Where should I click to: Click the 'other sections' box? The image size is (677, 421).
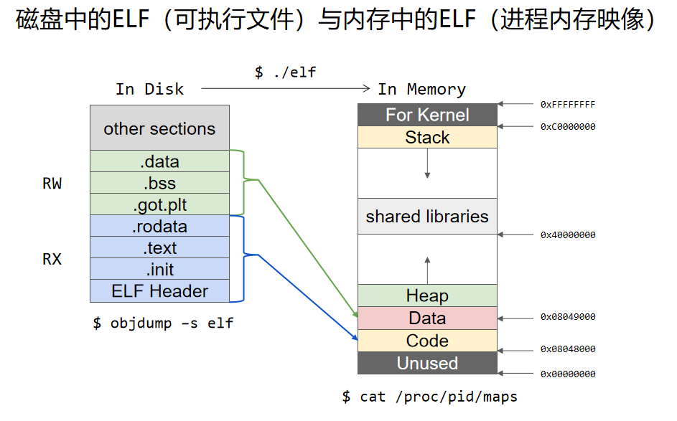(x=159, y=128)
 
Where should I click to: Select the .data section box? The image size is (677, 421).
(x=159, y=161)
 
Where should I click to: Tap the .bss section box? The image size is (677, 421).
(x=159, y=183)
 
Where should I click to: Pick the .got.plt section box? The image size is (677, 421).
(x=159, y=204)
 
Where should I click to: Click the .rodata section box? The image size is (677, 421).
(x=159, y=227)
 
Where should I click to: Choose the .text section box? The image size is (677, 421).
(x=159, y=248)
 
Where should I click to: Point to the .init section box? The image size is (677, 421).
(x=159, y=270)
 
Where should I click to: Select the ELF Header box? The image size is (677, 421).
(x=159, y=291)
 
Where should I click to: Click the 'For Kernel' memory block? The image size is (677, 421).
(x=427, y=115)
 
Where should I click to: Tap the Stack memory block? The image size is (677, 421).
(x=427, y=137)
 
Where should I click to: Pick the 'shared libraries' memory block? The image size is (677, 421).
(x=427, y=216)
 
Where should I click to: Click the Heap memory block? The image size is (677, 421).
(x=427, y=295)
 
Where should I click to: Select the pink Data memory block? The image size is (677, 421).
(x=427, y=318)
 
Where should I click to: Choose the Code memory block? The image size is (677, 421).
(x=427, y=341)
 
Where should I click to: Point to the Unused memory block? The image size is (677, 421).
(x=427, y=363)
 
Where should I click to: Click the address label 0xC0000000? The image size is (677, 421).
(x=568, y=127)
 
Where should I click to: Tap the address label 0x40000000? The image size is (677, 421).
(x=568, y=235)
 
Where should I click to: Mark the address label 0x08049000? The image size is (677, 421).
(x=568, y=316)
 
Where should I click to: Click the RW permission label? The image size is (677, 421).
(x=52, y=184)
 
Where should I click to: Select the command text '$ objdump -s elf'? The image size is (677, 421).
(x=163, y=323)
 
